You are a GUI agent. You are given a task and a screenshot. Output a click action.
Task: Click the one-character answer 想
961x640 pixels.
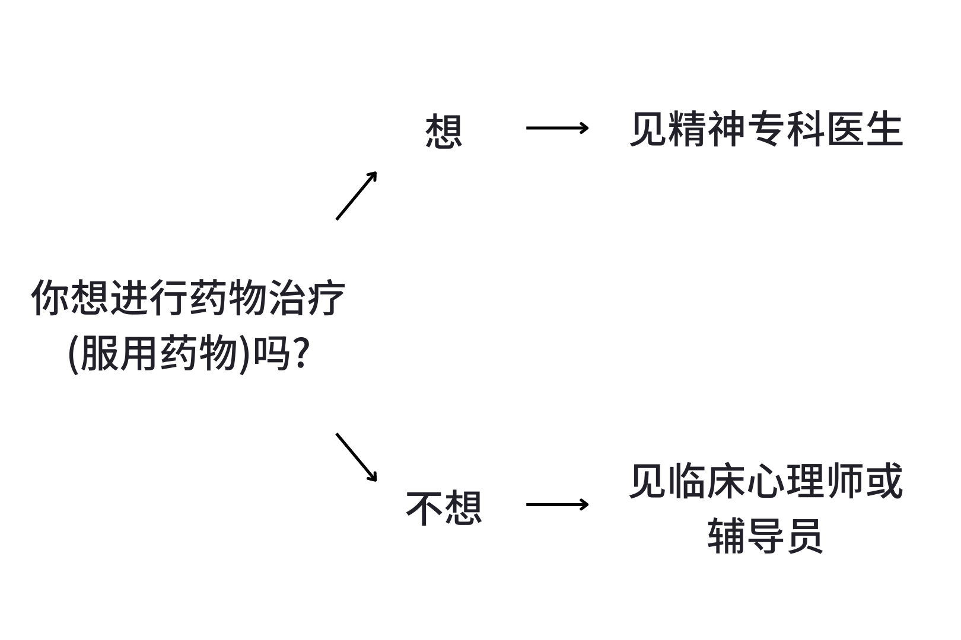[443, 131]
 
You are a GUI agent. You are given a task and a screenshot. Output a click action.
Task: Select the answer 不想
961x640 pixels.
[443, 507]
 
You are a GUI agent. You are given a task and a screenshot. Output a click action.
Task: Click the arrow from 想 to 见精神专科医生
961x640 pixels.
[557, 127]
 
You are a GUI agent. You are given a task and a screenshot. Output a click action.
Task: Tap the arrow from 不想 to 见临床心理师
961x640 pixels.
[557, 504]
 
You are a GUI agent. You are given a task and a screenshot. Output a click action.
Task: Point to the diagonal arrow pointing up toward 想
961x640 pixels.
[357, 196]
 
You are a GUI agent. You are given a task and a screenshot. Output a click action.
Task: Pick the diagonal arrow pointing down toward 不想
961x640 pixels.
[357, 457]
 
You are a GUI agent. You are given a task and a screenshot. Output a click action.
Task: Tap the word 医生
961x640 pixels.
[864, 129]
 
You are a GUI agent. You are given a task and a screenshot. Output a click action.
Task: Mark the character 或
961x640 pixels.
[884, 481]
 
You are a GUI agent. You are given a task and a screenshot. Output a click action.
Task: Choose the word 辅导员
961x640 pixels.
[765, 535]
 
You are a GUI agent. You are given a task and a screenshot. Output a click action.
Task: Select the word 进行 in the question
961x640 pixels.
[149, 297]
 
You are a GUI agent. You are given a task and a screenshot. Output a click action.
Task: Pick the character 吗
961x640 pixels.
[271, 354]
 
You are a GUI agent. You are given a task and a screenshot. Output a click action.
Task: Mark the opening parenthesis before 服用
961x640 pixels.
[73, 354]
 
